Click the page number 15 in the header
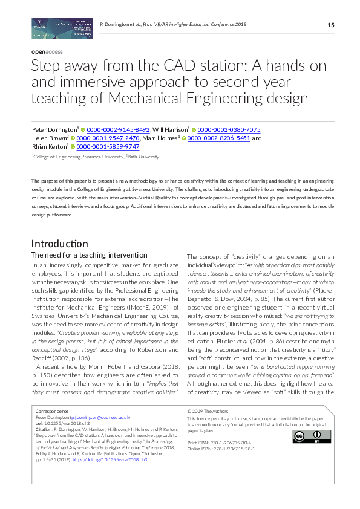pyautogui.click(x=330, y=25)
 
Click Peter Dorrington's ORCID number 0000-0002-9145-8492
pyautogui.click(x=118, y=129)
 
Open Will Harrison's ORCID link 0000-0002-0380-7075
pyautogui.click(x=229, y=129)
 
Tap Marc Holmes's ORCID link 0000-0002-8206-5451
pyautogui.click(x=218, y=138)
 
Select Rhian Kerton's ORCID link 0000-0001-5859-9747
pyautogui.click(x=108, y=146)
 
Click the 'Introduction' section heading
pyautogui.click(x=59, y=244)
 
